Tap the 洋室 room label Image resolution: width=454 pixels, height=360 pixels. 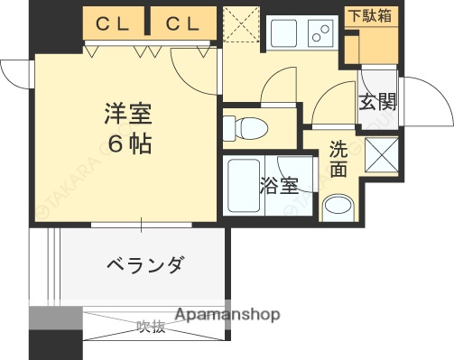[126, 116]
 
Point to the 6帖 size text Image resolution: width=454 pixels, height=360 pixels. [126, 143]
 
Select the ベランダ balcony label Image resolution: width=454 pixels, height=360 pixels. [144, 265]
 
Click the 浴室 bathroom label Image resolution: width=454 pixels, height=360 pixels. [279, 186]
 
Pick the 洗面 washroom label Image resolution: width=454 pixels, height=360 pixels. [338, 158]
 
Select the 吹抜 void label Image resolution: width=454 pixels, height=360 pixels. [151, 327]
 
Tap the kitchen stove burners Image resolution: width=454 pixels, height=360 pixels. [320, 32]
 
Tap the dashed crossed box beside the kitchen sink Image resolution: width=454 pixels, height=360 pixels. [241, 25]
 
